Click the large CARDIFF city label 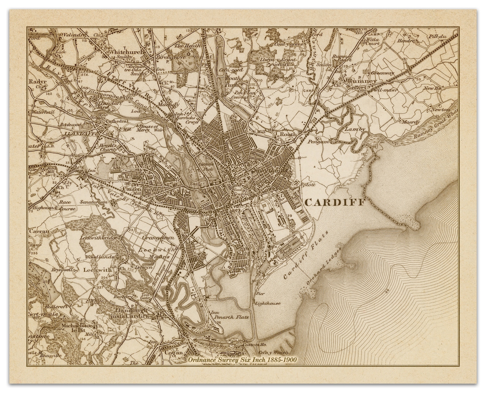point(335,202)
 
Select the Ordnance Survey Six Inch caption point(242,359)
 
